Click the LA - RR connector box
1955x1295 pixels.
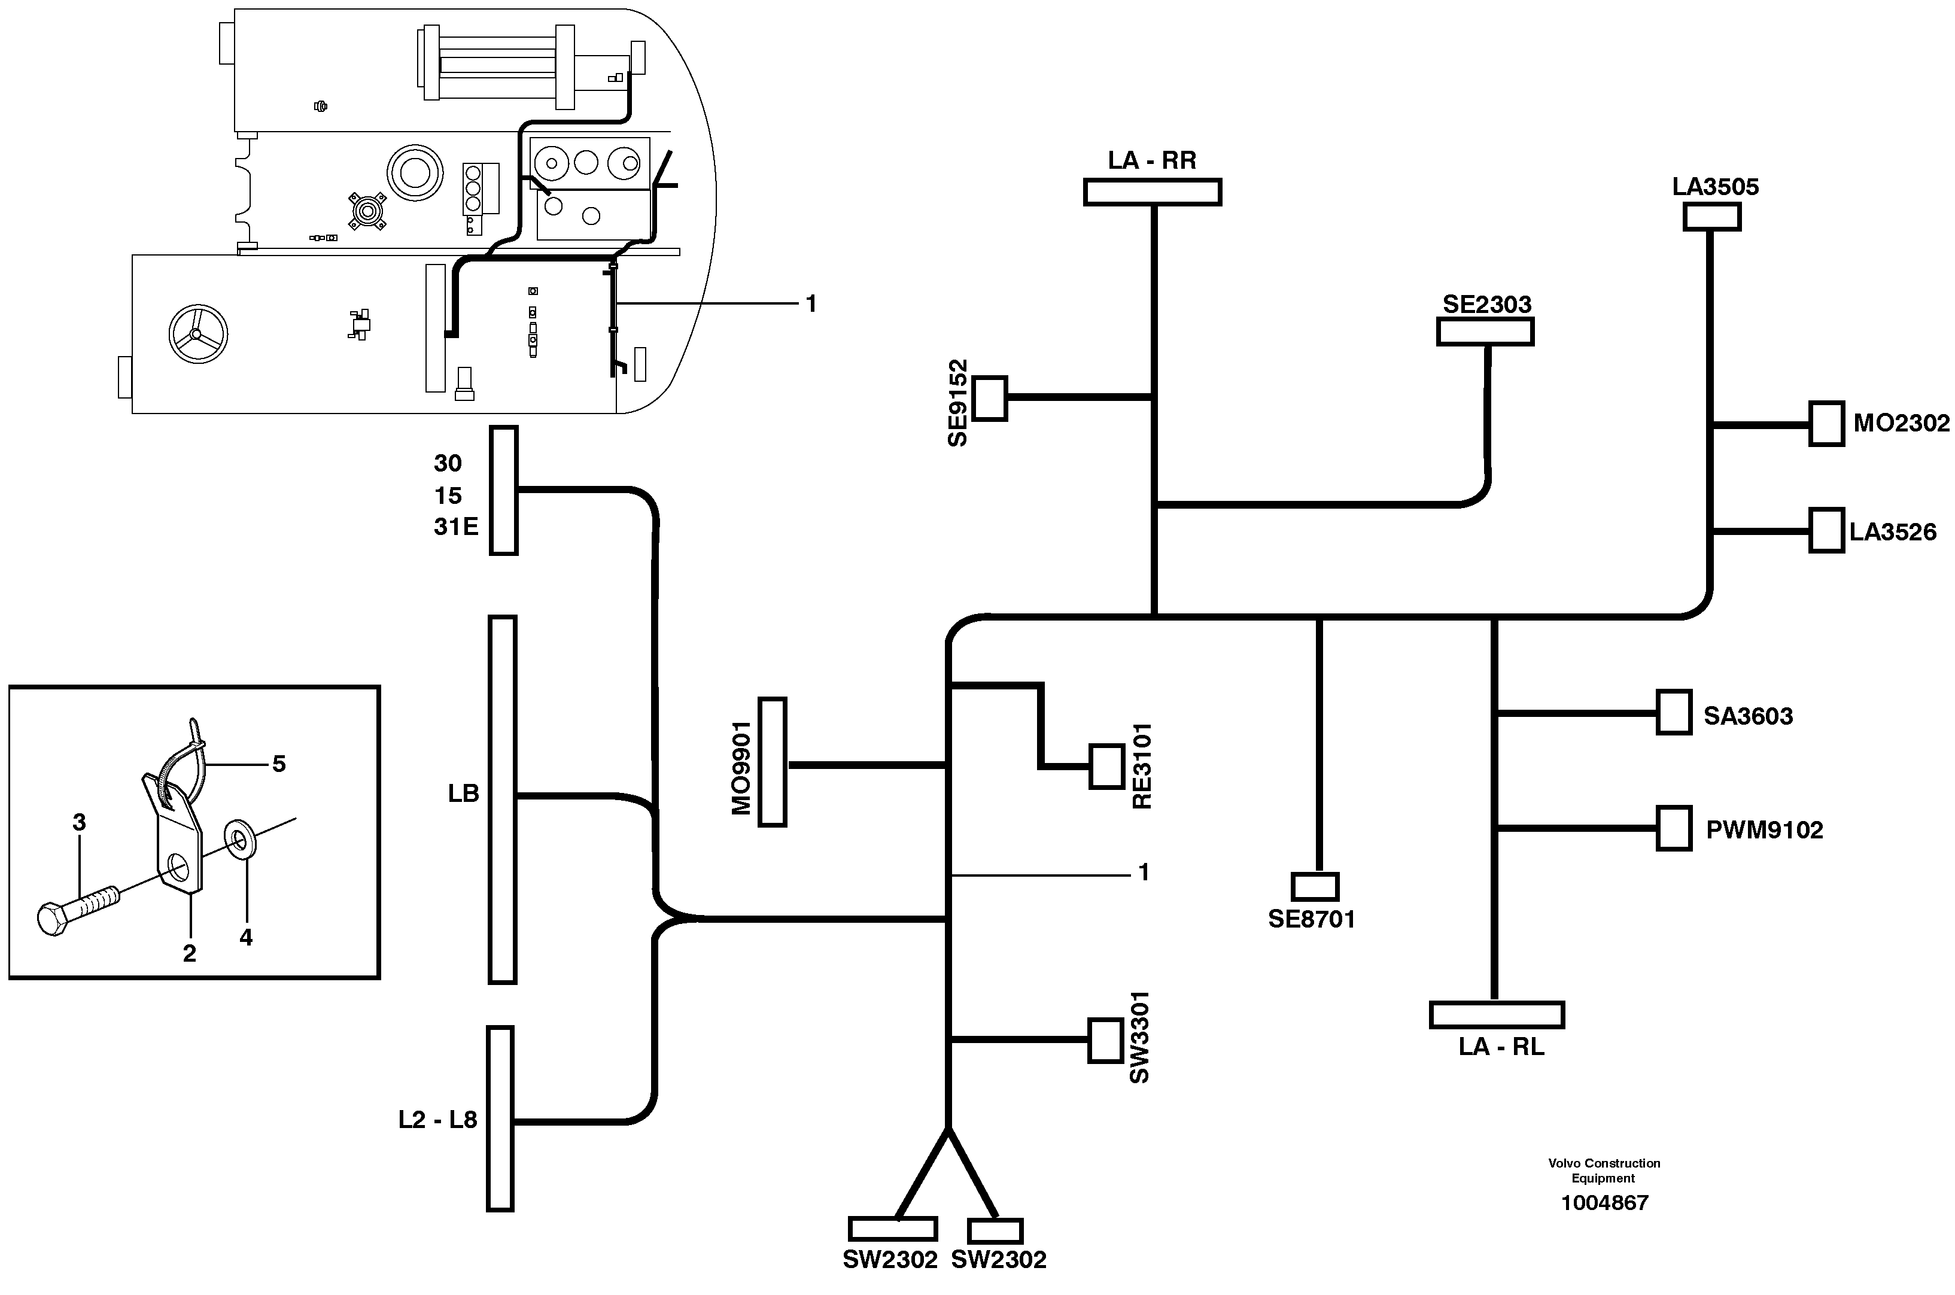pyautogui.click(x=1151, y=193)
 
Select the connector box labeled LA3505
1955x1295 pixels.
pyautogui.click(x=1711, y=217)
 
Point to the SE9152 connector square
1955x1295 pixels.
pyautogui.click(x=990, y=398)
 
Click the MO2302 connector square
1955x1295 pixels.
pyautogui.click(x=1826, y=424)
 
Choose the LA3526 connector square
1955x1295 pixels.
pyautogui.click(x=1826, y=530)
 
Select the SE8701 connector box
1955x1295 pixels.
pyautogui.click(x=1314, y=886)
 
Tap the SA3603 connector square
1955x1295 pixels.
pyautogui.click(x=1673, y=712)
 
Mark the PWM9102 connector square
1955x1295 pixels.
pyautogui.click(x=1673, y=828)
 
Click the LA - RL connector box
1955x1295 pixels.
pyautogui.click(x=1496, y=1015)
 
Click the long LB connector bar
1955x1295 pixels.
pyautogui.click(x=502, y=799)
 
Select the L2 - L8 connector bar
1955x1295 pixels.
pyautogui.click(x=500, y=1118)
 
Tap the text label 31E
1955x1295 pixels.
pyautogui.click(x=456, y=527)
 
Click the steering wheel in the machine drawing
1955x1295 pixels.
pyautogui.click(x=197, y=335)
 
